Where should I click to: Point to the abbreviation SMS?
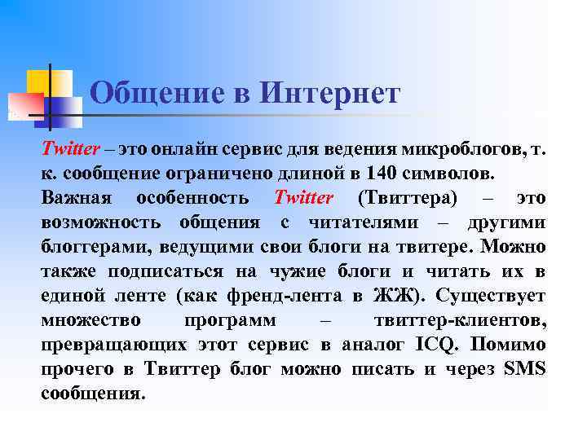coord(526,369)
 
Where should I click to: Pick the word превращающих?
coord(112,345)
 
